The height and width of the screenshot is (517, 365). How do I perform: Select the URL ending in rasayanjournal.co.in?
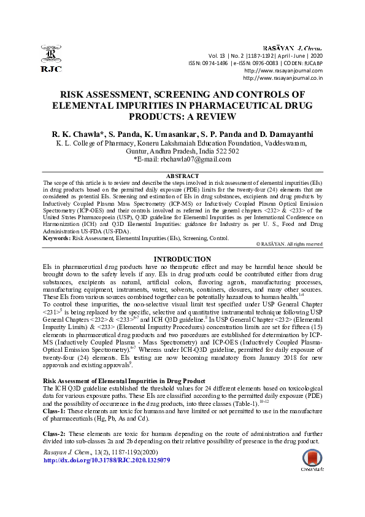283,78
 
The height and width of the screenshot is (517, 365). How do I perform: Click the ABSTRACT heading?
182,176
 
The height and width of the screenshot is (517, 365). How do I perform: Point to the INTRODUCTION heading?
182,259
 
